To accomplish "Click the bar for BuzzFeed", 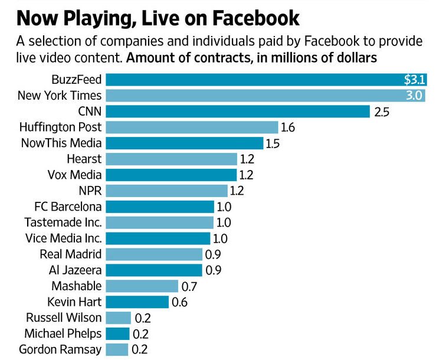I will pyautogui.click(x=248, y=80).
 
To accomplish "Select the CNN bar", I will pyautogui.click(x=236, y=112).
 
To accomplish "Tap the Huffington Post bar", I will pyautogui.click(x=192, y=127).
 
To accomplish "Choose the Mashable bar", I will pyautogui.click(x=142, y=286).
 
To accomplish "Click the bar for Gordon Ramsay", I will pyautogui.click(x=117, y=349).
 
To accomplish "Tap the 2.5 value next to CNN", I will pyautogui.click(x=382, y=112).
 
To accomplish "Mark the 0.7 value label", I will pyautogui.click(x=189, y=286).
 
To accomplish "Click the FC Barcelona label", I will pyautogui.click(x=68, y=207).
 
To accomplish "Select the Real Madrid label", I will pyautogui.click(x=71, y=254).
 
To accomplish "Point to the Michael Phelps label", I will pyautogui.click(x=63, y=333).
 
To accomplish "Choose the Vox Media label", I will pyautogui.click(x=74, y=175).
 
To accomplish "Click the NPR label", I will pyautogui.click(x=90, y=191).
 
